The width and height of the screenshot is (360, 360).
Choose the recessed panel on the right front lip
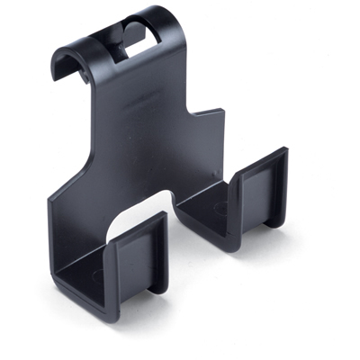(260, 198)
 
